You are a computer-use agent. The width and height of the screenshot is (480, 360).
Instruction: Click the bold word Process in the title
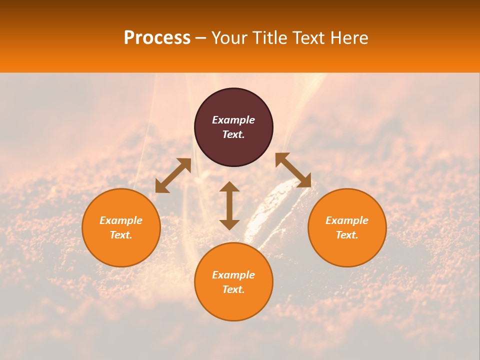click(157, 38)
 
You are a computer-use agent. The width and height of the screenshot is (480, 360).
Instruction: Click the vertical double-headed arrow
click(229, 205)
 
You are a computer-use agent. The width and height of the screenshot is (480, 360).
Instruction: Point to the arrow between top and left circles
click(173, 175)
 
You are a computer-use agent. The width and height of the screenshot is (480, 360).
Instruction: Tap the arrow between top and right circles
click(293, 170)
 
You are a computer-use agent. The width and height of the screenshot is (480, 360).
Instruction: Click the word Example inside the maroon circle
click(233, 120)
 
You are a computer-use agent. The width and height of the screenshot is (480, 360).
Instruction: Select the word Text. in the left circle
click(121, 235)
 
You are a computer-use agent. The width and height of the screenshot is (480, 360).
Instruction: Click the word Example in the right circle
click(347, 220)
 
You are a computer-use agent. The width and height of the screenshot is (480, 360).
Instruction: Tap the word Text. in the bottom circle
click(233, 289)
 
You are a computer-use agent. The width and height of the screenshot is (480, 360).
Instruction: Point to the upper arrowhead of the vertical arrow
click(229, 187)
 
